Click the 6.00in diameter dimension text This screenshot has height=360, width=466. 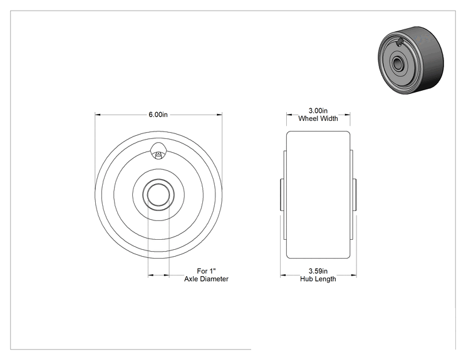click(x=158, y=115)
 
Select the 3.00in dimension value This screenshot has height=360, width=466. click(x=318, y=111)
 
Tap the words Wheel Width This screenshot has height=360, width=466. click(x=318, y=118)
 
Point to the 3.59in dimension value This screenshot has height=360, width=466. click(x=318, y=271)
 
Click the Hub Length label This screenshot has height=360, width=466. click(x=318, y=279)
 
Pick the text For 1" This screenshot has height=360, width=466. click(x=206, y=271)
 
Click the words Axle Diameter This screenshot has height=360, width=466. click(x=206, y=279)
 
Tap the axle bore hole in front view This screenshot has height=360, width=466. click(x=158, y=195)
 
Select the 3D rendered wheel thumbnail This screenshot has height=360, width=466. click(x=411, y=61)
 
